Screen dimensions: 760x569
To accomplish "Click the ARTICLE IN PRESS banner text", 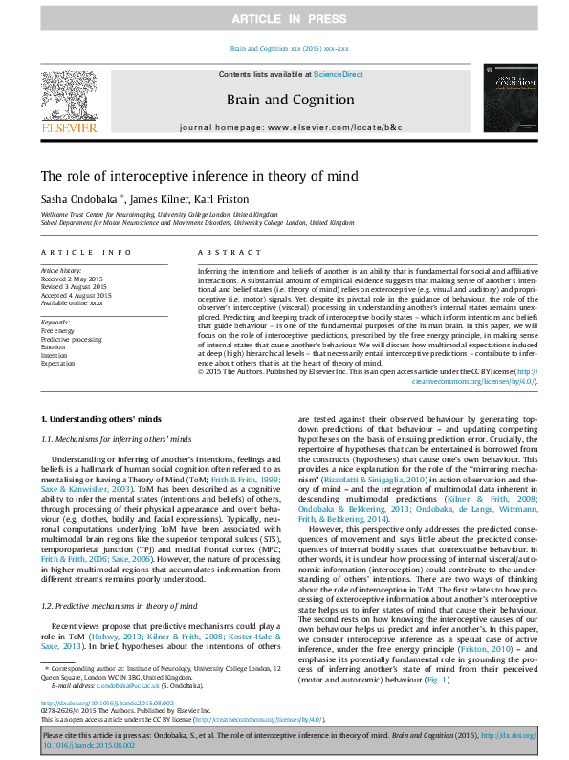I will [284, 19].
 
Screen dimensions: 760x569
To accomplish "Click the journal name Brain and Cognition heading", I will [290, 100].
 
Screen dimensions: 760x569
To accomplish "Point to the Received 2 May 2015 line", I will [74, 278].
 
